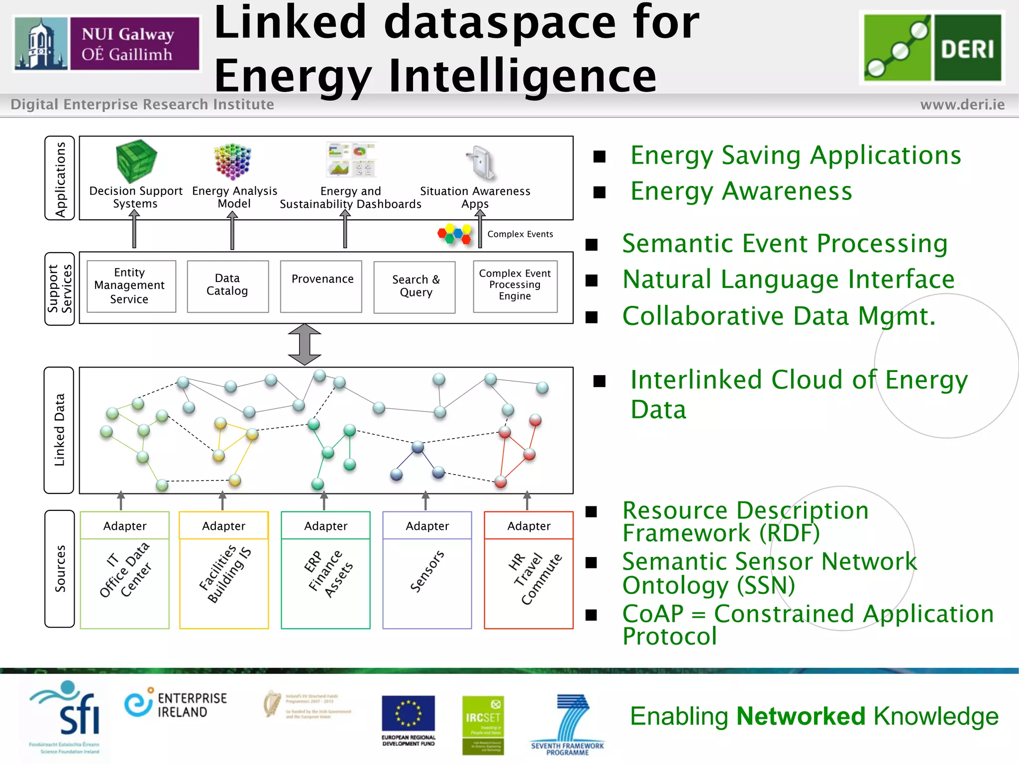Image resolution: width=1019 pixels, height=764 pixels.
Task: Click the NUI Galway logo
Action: click(x=107, y=44)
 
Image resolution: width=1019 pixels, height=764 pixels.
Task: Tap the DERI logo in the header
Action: click(x=932, y=47)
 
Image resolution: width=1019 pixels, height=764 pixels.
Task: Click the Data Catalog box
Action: click(x=227, y=286)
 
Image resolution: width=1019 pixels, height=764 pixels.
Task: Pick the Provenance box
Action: click(x=321, y=286)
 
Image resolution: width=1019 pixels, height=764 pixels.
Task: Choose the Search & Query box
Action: click(x=414, y=287)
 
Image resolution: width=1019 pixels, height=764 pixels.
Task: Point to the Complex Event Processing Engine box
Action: click(x=515, y=286)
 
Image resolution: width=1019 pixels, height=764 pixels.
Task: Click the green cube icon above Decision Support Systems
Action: click(x=136, y=160)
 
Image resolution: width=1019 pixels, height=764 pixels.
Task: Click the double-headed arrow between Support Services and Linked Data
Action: click(x=305, y=345)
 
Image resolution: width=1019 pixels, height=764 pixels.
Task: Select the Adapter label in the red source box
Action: click(x=529, y=526)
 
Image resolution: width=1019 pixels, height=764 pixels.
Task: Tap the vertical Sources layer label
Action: click(x=60, y=569)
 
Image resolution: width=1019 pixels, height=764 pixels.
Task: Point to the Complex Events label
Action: click(x=520, y=234)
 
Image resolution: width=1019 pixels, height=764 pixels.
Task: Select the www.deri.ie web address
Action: click(x=962, y=104)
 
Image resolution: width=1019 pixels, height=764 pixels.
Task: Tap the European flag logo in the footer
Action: click(x=408, y=714)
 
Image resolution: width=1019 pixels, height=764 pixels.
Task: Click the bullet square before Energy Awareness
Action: click(x=599, y=192)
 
